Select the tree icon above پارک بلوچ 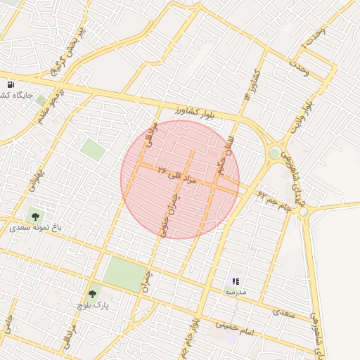[x=91, y=294]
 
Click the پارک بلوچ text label [x=93, y=306]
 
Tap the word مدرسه [x=236, y=291]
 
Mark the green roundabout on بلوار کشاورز [x=274, y=153]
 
